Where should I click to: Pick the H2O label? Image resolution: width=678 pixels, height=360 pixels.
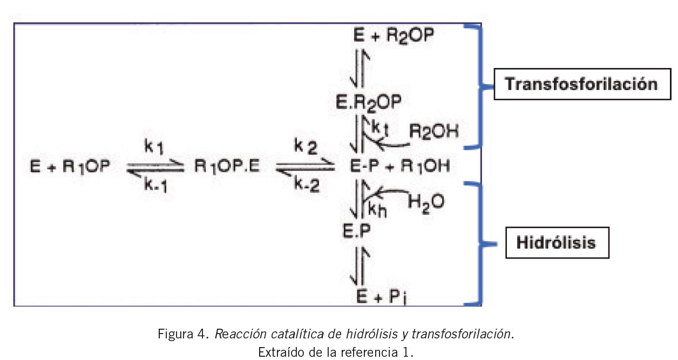(426, 201)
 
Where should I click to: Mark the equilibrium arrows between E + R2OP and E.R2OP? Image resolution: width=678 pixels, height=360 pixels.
(360, 67)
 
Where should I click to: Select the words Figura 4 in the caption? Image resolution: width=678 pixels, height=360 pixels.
(183, 334)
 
